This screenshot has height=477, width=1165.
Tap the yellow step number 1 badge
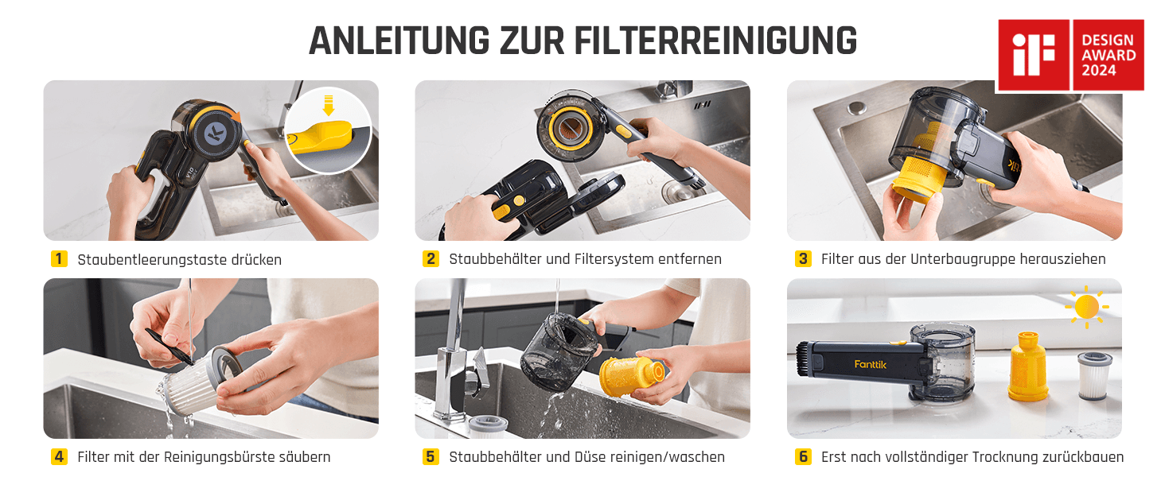tap(59, 258)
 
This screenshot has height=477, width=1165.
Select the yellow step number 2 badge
tap(431, 258)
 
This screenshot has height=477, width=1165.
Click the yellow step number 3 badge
tap(803, 258)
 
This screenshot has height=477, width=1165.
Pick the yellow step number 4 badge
tap(59, 457)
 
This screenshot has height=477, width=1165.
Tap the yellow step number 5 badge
tap(431, 457)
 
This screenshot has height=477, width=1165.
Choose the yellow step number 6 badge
tap(803, 457)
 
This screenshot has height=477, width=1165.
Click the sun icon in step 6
tap(1086, 307)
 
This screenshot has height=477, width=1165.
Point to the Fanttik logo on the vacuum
tap(870, 364)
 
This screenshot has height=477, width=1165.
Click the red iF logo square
tap(1034, 55)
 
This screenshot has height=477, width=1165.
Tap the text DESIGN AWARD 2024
tap(1109, 55)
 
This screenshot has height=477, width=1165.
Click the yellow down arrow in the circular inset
tap(328, 105)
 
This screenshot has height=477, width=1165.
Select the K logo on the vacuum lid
tap(215, 134)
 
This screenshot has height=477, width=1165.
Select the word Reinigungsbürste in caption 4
tap(219, 457)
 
